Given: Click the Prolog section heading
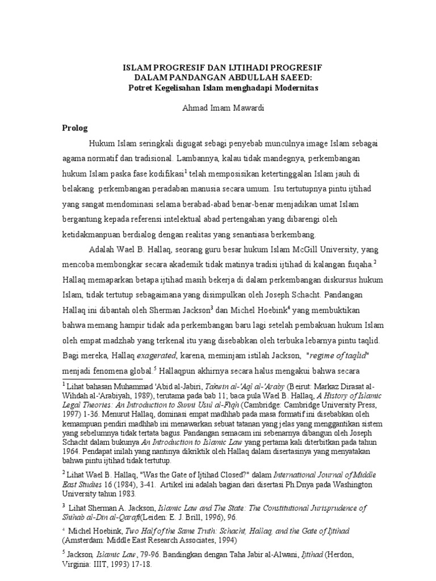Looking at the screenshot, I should pyautogui.click(x=76, y=128).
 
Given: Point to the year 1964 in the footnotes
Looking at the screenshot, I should pyautogui.click(x=72, y=441).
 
